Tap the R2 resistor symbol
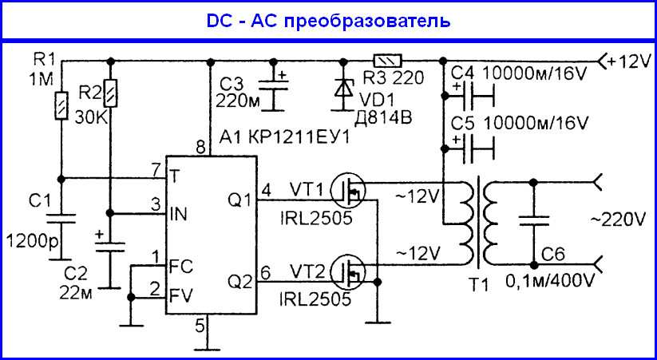(111, 94)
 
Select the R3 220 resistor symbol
(388, 60)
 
